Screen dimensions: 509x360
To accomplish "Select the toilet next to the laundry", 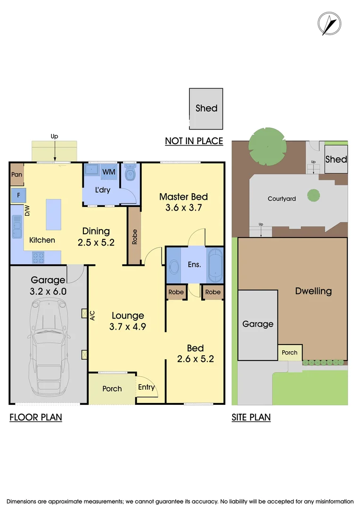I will [131, 176].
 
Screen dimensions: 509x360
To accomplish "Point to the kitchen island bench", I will [54, 213].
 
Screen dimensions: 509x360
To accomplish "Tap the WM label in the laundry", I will [109, 172].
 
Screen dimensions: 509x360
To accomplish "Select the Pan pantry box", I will [16, 174].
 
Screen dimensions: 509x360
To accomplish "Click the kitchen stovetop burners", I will [38, 257].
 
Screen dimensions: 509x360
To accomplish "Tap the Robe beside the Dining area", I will [134, 236].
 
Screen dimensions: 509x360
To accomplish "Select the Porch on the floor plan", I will [112, 389].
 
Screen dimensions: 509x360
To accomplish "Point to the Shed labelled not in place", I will [206, 108].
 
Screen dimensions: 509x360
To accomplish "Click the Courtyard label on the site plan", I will [282, 198].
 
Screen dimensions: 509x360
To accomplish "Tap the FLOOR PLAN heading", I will [36, 417].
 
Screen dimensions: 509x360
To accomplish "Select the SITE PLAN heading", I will [251, 417].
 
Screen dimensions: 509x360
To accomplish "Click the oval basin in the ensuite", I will [173, 265].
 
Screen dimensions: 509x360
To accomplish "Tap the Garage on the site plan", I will [258, 324].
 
